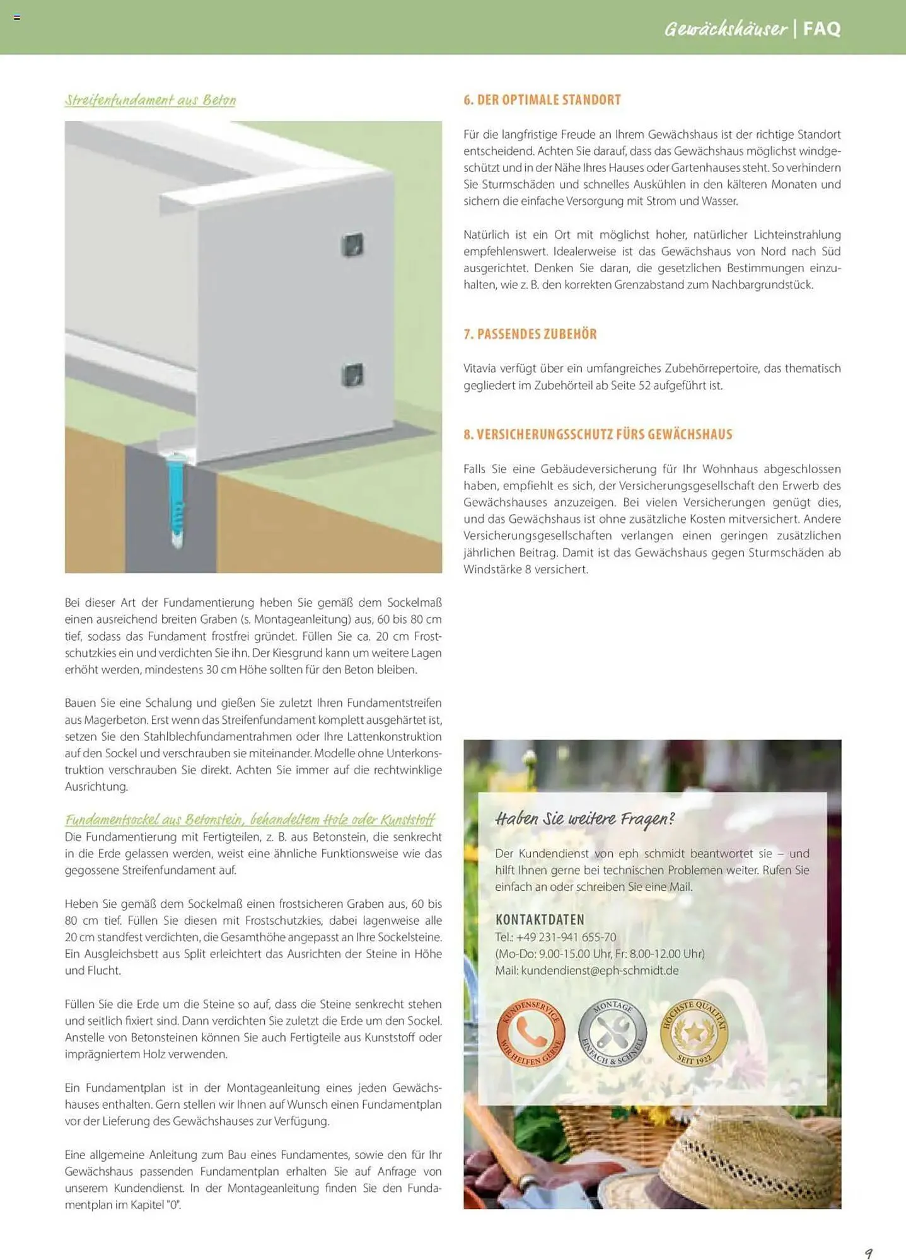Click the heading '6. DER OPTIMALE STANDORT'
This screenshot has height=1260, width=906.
point(542,100)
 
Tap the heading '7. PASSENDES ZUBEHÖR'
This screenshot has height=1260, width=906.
point(530,334)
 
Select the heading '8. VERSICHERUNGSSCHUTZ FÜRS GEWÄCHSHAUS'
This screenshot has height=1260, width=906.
point(598,434)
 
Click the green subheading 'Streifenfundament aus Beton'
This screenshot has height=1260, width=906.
point(150,100)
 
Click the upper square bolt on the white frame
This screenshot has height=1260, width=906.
point(352,244)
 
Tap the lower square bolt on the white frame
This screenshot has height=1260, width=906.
point(352,375)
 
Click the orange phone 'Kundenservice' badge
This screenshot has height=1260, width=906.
point(530,1033)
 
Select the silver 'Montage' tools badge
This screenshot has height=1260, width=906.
point(612,1033)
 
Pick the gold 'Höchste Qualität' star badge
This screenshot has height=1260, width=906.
point(694,1033)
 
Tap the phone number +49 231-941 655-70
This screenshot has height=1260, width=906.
point(566,937)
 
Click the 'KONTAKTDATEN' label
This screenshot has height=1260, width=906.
point(540,919)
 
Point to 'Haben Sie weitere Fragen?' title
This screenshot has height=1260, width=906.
point(584,819)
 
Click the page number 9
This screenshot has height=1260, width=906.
point(868,1252)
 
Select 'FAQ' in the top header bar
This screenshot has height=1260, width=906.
point(822,28)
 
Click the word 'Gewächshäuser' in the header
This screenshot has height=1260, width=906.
point(726,28)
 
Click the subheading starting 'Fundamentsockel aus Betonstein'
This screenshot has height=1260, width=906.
point(250,820)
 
